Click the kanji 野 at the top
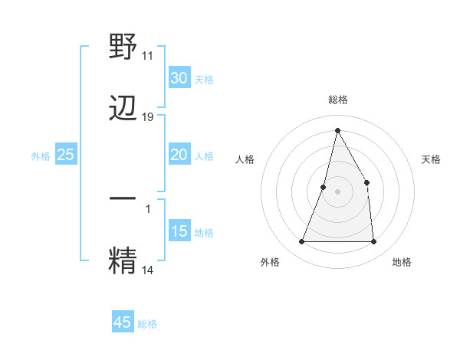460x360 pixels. pyautogui.click(x=123, y=47)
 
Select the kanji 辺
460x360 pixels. pyautogui.click(x=123, y=108)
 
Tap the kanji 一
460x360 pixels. pyautogui.click(x=123, y=198)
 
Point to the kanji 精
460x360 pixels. pyautogui.click(x=123, y=260)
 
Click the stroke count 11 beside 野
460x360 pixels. pyautogui.click(x=147, y=56)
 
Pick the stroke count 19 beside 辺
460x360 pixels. pyautogui.click(x=148, y=116)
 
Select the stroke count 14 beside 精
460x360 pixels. pyautogui.click(x=147, y=270)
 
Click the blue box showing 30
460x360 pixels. pyautogui.click(x=179, y=77)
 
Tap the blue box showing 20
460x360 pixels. pyautogui.click(x=179, y=155)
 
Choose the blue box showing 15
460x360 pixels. pyautogui.click(x=179, y=231)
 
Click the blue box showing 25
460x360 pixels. pyautogui.click(x=65, y=155)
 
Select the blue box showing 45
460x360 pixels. pyautogui.click(x=123, y=322)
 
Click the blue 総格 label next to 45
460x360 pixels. pyautogui.click(x=147, y=324)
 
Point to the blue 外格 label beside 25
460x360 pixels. pyautogui.click(x=41, y=156)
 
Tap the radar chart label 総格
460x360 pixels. pyautogui.click(x=337, y=100)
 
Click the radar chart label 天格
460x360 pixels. pyautogui.click(x=432, y=159)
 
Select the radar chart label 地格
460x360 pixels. pyautogui.click(x=402, y=262)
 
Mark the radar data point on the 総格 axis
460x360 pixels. pyautogui.click(x=337, y=129)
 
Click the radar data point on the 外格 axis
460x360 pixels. pyautogui.click(x=301, y=242)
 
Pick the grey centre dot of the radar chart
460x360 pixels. pyautogui.click(x=337, y=191)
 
